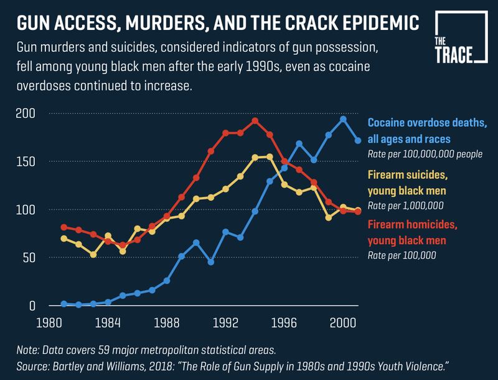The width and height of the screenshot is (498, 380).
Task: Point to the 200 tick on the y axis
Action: coord(25,113)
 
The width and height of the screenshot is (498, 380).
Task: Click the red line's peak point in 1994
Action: coord(255,121)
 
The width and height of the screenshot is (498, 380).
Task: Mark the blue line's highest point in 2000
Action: coord(343,119)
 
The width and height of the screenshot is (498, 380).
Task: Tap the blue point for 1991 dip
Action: coord(211,262)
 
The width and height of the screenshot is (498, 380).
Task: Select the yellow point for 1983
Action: coord(93,255)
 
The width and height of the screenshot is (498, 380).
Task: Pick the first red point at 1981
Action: coord(64,227)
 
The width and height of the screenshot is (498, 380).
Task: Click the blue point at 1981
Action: coord(64,303)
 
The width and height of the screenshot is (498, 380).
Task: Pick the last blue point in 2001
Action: coord(358,141)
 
